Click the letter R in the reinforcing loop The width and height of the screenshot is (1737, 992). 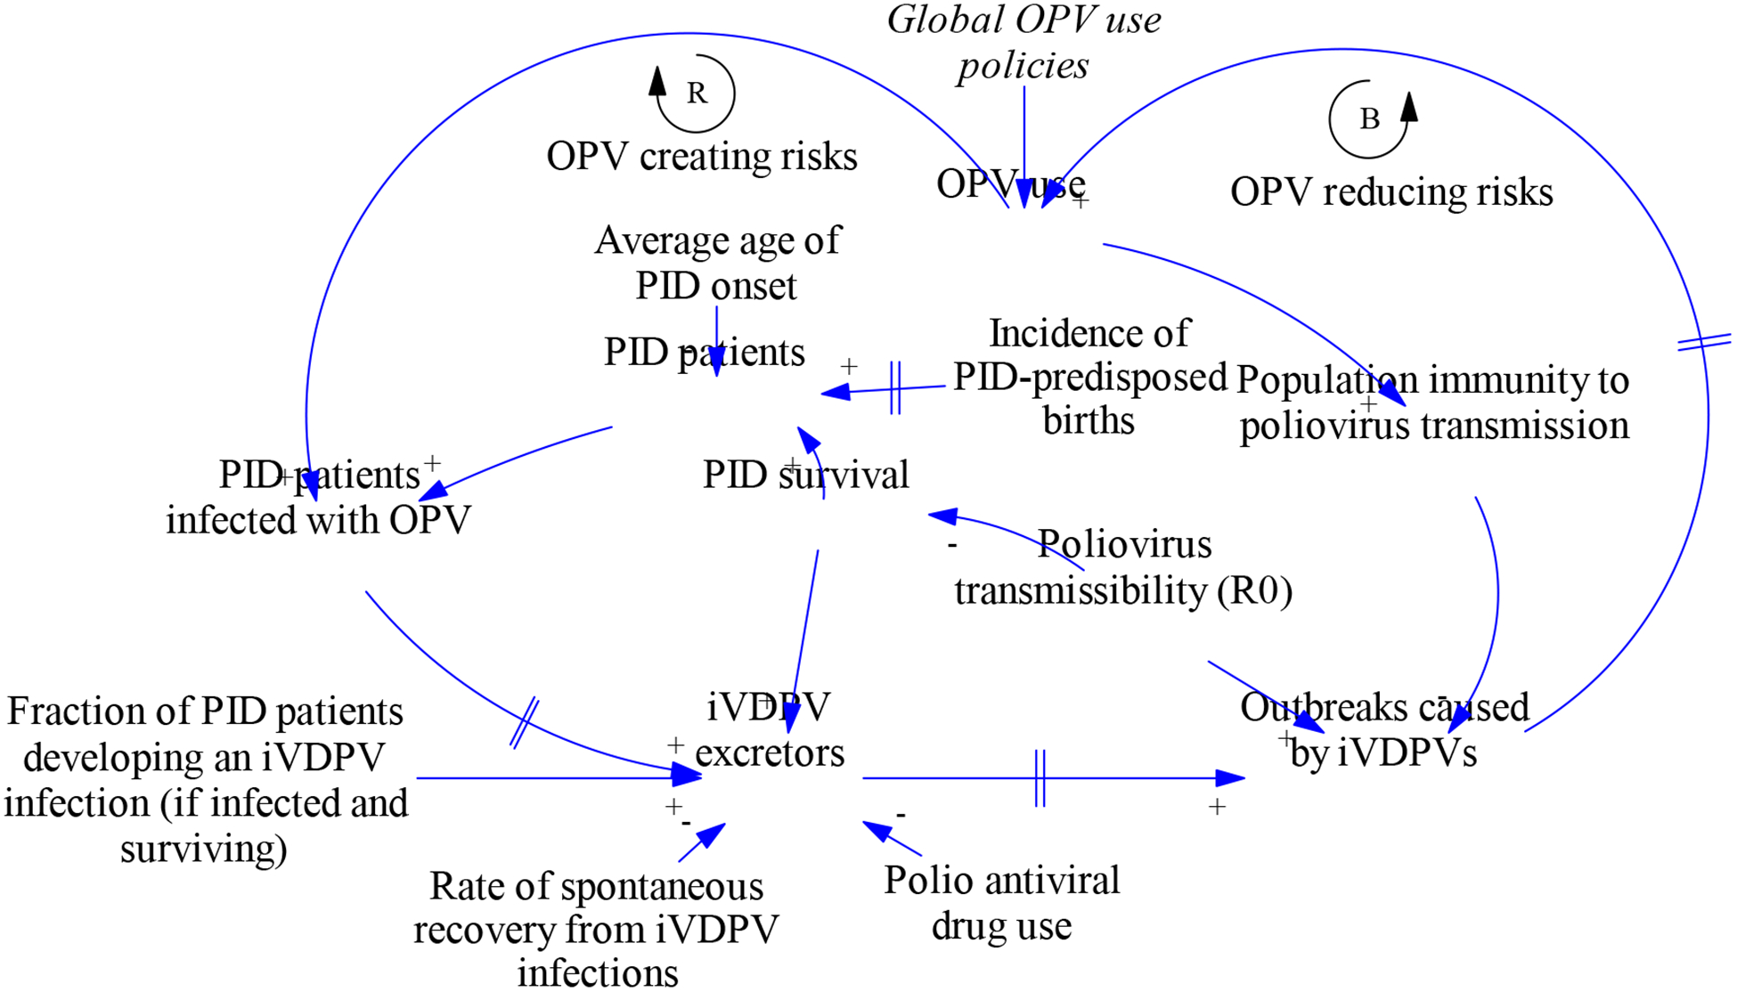point(697,93)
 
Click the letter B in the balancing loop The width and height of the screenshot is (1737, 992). point(1369,118)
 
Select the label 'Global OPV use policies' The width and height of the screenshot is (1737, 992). point(1023,42)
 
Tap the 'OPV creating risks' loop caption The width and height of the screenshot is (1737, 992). point(701,157)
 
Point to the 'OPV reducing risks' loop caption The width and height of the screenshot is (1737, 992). point(1390,192)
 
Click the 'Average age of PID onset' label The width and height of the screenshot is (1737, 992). point(717,263)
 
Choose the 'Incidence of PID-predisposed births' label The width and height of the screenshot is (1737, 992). point(1089,377)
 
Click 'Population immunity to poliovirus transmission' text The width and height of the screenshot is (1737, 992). point(1433,402)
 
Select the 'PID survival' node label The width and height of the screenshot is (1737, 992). point(805,475)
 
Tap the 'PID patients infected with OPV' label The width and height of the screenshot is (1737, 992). point(318,497)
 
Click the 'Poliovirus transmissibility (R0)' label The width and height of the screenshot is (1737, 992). point(1122,567)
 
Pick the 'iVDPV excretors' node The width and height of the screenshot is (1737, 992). point(769,730)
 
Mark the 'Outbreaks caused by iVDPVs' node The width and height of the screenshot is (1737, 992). point(1383,730)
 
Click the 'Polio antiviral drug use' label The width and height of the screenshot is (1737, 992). point(1001,903)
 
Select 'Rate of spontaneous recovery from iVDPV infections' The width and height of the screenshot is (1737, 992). point(596,930)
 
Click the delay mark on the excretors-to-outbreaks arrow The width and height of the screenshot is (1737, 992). point(1040,778)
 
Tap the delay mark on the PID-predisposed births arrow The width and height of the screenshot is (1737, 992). point(895,387)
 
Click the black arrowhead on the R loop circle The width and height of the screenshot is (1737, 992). point(657,82)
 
